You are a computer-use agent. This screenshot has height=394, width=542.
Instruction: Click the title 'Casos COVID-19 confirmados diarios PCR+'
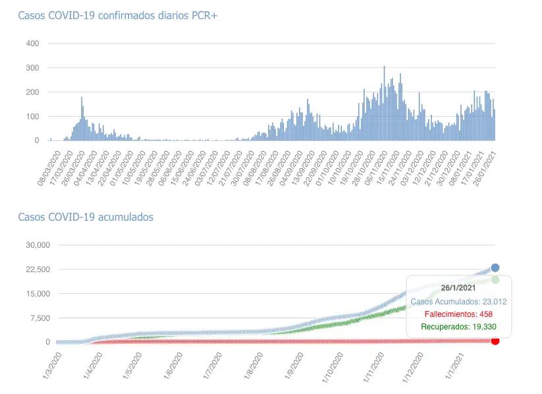coord(117,15)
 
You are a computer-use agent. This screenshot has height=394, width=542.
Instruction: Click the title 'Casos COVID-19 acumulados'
coord(86,217)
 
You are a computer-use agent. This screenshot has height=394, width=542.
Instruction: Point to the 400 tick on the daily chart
coord(32,43)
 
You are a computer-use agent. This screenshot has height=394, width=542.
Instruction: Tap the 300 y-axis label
coord(32,68)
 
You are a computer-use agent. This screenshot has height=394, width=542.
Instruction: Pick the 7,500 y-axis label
coord(38,318)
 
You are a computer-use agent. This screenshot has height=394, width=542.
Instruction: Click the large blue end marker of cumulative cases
coord(495,267)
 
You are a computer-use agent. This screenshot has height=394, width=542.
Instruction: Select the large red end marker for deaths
coord(495,340)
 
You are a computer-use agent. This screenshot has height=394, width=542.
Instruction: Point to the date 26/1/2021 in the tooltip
coord(458,289)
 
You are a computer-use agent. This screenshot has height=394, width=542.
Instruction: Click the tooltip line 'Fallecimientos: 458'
coord(458,314)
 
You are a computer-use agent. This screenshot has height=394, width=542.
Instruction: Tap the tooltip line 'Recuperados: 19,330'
coord(458,326)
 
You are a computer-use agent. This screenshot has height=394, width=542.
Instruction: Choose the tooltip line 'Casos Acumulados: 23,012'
coord(458,301)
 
